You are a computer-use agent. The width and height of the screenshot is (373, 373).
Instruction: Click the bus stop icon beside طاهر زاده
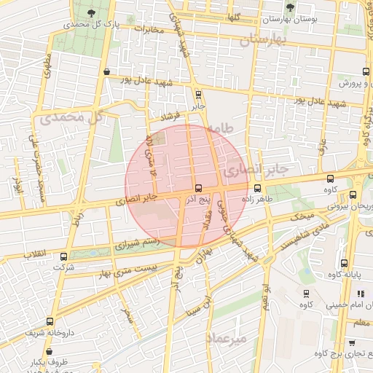click(x=258, y=186)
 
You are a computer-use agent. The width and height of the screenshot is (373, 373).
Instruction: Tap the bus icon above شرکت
click(x=63, y=256)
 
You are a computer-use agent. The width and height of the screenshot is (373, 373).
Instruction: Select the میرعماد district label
click(x=228, y=339)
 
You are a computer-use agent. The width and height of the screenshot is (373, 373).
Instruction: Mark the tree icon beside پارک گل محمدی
click(x=90, y=13)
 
